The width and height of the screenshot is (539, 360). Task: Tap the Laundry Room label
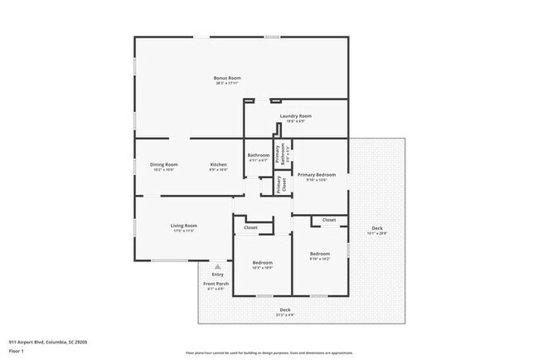[x=295, y=115]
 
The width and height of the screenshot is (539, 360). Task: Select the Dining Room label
[x=163, y=164]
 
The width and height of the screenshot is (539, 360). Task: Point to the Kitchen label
[x=218, y=164]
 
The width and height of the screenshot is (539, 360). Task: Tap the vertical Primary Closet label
[x=279, y=185]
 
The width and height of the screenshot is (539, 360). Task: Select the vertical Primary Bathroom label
[x=279, y=153]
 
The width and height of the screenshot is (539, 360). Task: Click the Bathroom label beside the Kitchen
[x=258, y=155]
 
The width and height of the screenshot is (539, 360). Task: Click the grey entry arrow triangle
[x=217, y=267]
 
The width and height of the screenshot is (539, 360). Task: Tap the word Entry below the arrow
[x=217, y=275]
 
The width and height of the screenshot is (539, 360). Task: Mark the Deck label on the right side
[x=376, y=228]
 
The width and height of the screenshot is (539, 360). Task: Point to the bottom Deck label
[x=284, y=310]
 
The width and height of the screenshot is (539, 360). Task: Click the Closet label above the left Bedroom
[x=250, y=227]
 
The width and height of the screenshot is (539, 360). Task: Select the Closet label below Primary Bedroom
[x=329, y=220]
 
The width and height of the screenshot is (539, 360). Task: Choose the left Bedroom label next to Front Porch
[x=262, y=263]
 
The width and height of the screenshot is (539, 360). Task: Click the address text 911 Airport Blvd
[x=47, y=340]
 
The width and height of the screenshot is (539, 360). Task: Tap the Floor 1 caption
[x=17, y=349]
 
